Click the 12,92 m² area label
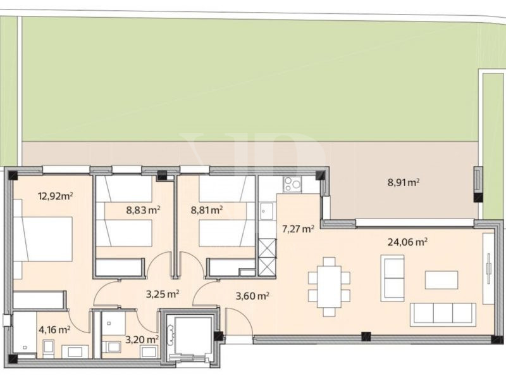55,196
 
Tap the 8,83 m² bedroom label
144,210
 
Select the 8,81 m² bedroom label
207,210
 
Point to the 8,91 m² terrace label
404,183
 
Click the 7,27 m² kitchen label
298,229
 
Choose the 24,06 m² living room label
407,242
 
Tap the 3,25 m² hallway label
163,294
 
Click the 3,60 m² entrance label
252,296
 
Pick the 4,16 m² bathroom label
54,330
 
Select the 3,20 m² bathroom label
142,339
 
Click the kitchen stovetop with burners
292,184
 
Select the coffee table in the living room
441,280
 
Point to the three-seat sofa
443,314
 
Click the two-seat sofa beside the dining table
392,278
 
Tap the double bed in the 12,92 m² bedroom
42,239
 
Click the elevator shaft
189,338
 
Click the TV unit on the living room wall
488,269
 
